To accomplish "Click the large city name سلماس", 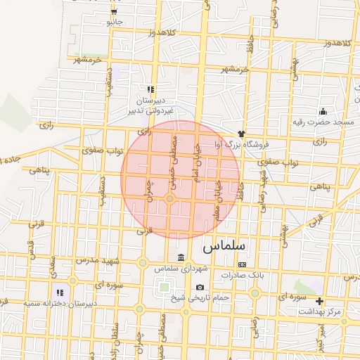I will (x=223, y=247).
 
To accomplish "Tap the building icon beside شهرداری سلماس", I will (x=181, y=256).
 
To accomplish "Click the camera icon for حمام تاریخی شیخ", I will (x=200, y=287).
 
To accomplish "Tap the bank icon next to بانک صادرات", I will (x=243, y=264).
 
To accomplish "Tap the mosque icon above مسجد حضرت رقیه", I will (x=323, y=110).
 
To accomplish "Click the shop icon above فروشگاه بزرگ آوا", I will (x=241, y=134).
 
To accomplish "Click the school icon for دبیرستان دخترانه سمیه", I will (x=60, y=292).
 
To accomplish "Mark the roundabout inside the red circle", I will (x=170, y=200).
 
